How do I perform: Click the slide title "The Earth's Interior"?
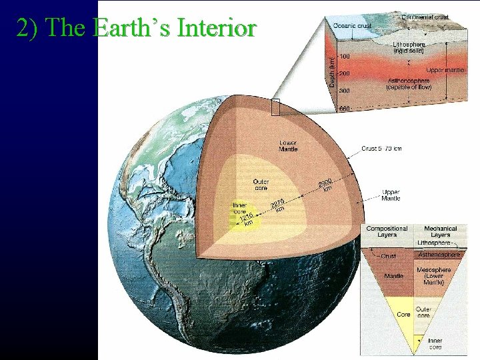(136, 27)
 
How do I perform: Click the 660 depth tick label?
(345, 109)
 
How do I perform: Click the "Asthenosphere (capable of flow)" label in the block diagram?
(409, 84)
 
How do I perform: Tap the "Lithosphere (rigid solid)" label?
(409, 47)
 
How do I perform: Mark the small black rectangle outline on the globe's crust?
(275, 107)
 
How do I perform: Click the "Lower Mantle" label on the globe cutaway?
(288, 146)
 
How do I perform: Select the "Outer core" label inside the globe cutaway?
(261, 184)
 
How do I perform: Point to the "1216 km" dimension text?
(246, 219)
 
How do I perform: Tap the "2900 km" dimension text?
(325, 185)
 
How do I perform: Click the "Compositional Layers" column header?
(387, 231)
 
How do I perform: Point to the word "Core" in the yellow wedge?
(403, 314)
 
